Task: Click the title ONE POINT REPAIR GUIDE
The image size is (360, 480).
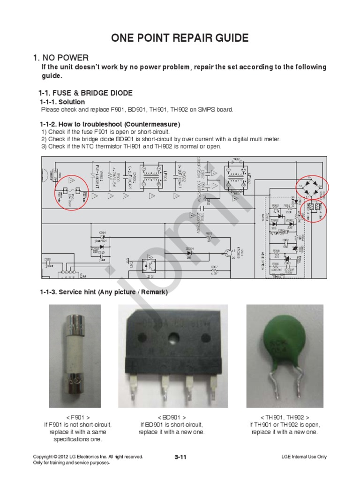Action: (180, 38)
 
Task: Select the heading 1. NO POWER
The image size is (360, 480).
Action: (60, 58)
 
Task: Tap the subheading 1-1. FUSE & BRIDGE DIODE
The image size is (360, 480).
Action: (85, 93)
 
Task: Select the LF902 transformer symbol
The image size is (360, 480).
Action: (237, 179)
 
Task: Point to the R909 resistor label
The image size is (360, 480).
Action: (209, 233)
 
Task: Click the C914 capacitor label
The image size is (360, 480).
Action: (102, 232)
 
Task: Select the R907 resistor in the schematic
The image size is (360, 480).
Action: (214, 270)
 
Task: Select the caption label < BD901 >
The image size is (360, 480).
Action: (172, 417)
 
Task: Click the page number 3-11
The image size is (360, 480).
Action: (180, 457)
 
